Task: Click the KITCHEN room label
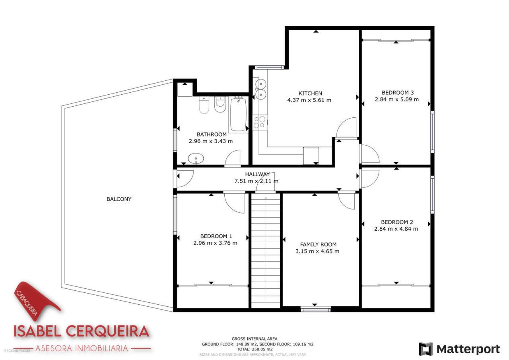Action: click(x=310, y=93)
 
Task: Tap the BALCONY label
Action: click(x=119, y=199)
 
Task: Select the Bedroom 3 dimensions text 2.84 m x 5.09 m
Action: click(x=396, y=99)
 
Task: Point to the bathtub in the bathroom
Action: click(x=238, y=114)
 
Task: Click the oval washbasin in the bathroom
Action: click(x=196, y=158)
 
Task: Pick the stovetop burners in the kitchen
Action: click(x=260, y=122)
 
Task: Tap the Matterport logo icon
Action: click(x=426, y=349)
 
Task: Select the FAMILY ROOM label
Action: click(x=318, y=245)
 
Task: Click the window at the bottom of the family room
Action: click(x=316, y=309)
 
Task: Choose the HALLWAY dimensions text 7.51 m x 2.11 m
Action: click(x=256, y=181)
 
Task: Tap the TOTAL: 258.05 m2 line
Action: click(x=255, y=349)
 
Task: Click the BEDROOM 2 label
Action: click(x=397, y=222)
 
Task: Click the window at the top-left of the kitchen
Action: click(x=270, y=67)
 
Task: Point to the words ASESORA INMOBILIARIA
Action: click(x=82, y=348)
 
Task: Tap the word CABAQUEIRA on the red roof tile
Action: click(x=26, y=303)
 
